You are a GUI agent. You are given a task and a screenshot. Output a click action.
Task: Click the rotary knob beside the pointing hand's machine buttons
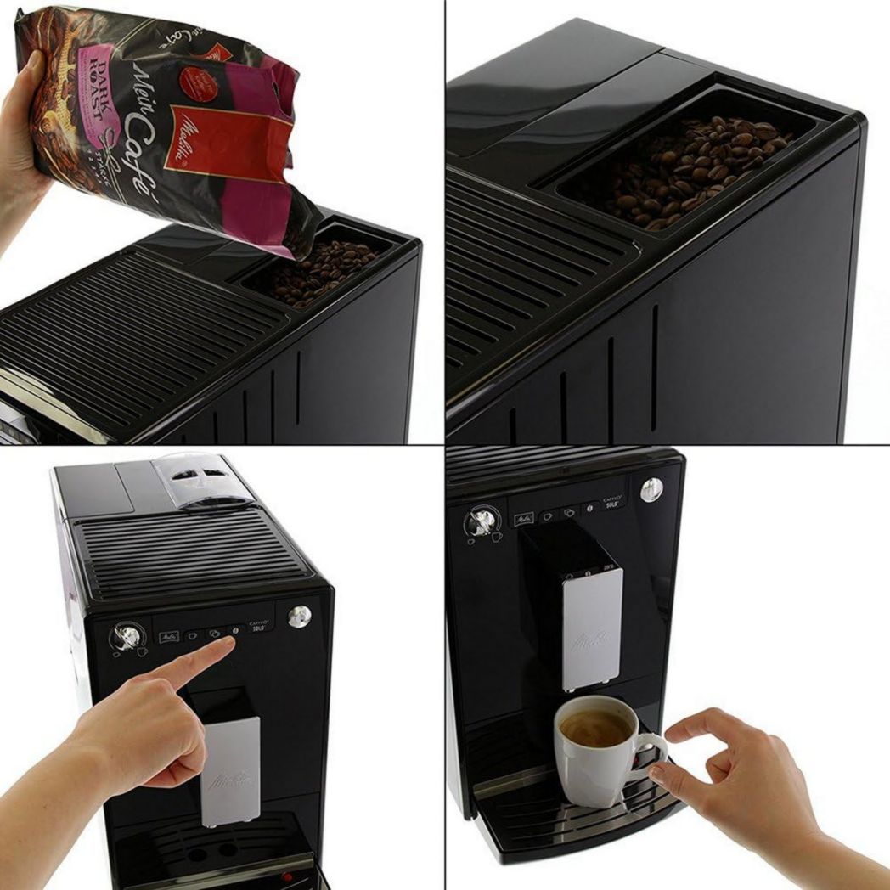[x=127, y=636]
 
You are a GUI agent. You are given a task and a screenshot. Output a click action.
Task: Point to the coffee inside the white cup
[x=595, y=727]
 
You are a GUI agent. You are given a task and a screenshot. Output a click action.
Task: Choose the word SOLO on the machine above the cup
[x=613, y=505]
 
